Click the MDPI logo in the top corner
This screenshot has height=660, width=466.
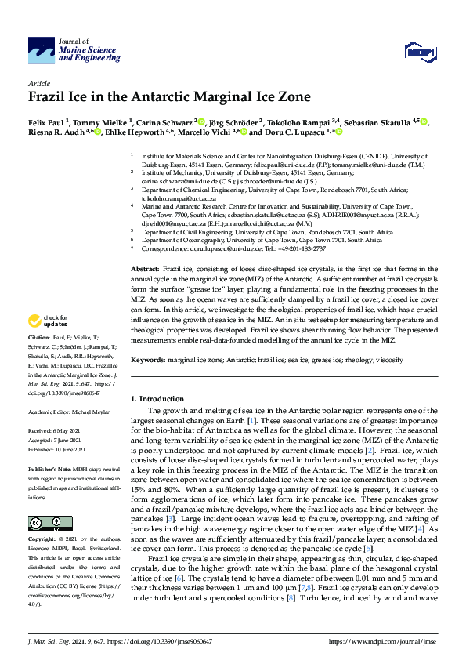416,52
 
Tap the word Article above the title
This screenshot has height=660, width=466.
39,83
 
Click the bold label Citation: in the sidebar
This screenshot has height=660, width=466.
40,360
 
